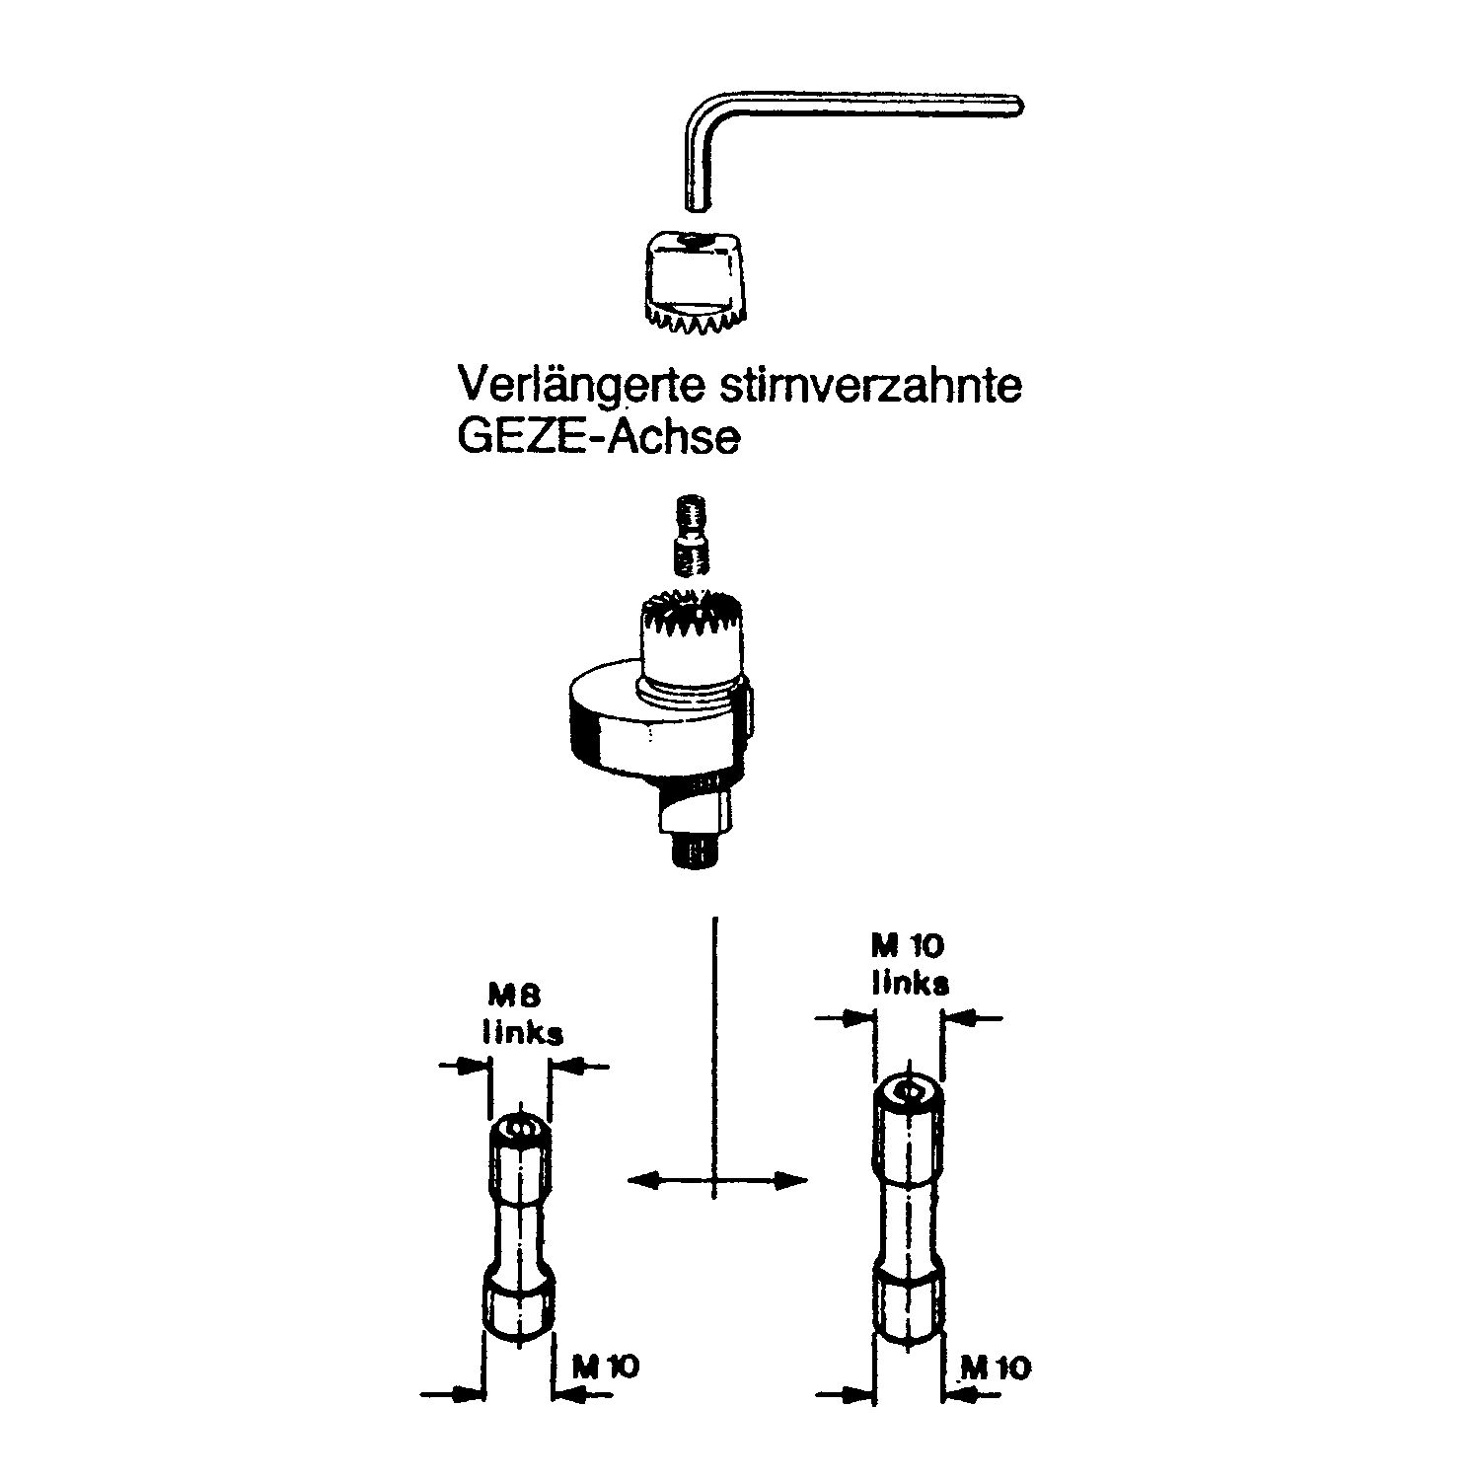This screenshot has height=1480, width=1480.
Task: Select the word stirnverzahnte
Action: (x=865, y=385)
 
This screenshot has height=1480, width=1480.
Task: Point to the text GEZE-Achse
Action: (x=598, y=436)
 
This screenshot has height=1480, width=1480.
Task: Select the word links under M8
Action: (x=523, y=1032)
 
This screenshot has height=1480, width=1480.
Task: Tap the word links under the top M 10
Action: (x=910, y=983)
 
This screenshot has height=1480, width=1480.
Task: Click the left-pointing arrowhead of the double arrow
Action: (x=641, y=1179)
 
